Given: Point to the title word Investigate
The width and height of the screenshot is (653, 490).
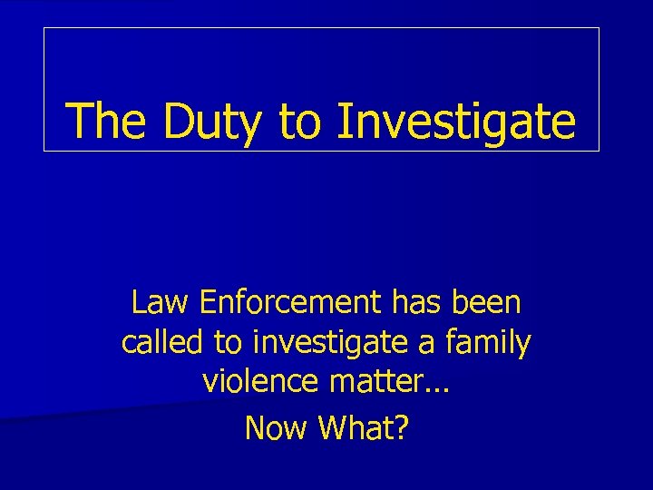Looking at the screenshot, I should click(456, 122).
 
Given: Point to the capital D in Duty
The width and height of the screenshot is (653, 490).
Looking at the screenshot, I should click(180, 121).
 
